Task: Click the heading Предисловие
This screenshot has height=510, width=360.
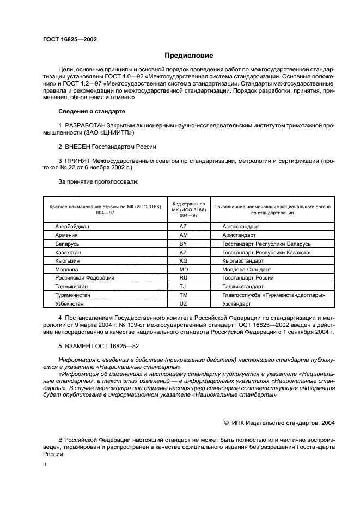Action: [189, 55]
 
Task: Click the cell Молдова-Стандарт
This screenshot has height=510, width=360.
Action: [247, 269]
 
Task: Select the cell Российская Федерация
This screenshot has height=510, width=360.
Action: [84, 277]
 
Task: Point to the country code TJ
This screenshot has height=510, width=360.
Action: [184, 286]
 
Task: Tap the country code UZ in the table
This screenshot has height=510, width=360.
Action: [184, 303]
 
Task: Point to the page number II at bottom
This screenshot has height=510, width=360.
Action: [45, 464]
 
